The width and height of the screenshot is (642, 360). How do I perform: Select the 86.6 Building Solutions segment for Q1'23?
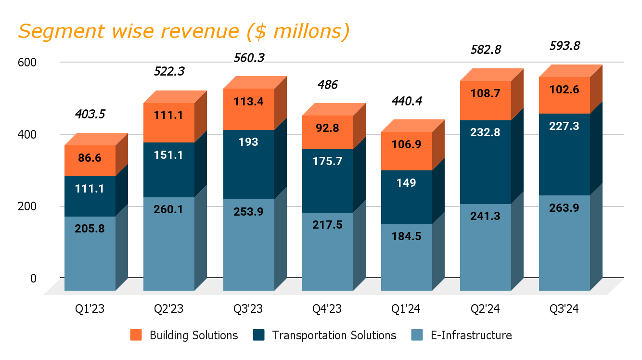point(90,158)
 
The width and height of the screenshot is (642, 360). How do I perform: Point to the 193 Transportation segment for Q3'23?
point(248,142)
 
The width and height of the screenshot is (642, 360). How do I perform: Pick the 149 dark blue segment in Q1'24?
point(406,183)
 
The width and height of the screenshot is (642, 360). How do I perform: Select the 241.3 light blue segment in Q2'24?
point(485,216)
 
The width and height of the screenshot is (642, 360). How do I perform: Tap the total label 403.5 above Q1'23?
point(90,114)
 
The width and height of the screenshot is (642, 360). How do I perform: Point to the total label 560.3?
point(249,58)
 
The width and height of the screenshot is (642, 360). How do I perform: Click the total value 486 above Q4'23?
point(327,85)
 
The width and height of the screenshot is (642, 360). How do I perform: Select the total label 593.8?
point(565,46)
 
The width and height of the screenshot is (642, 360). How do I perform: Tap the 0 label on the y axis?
point(33,278)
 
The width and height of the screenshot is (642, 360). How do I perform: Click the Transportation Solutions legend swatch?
point(258,335)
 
